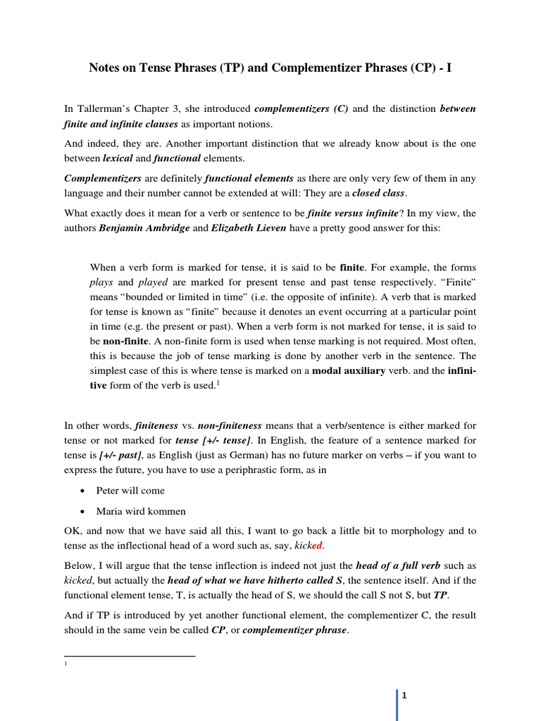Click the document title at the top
(x=270, y=68)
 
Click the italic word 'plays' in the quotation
(x=102, y=282)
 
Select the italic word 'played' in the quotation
(x=153, y=282)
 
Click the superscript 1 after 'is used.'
(x=240, y=382)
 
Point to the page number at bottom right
(x=405, y=696)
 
